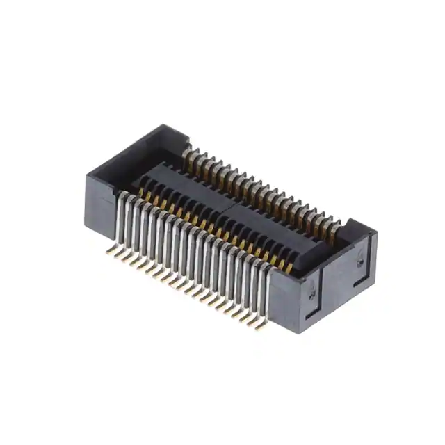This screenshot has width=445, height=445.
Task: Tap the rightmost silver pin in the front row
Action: coord(264,292)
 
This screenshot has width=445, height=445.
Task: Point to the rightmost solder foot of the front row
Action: coord(259,326)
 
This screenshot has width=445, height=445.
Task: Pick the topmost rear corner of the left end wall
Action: coord(165,125)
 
